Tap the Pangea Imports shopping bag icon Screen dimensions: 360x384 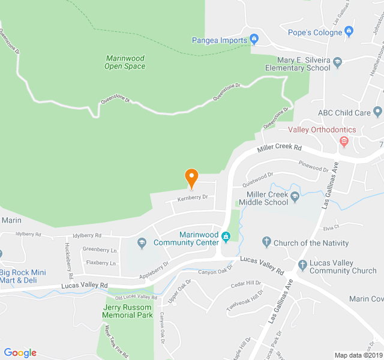coord(254,40)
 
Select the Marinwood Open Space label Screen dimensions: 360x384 coord(125,62)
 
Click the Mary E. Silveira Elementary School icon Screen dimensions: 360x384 coord(337,61)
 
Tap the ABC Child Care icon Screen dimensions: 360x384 coord(377,112)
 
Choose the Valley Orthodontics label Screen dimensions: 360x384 coord(322,130)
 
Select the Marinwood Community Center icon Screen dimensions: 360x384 coord(226,236)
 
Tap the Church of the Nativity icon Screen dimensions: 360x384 coord(267,242)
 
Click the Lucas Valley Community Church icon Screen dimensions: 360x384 coord(303,265)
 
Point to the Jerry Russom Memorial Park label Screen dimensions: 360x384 coord(127,311)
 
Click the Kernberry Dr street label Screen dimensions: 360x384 coord(192,197)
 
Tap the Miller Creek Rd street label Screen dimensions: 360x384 coord(279,149)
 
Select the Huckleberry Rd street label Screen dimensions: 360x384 coord(68,258)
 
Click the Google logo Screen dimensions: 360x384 coord(20,353)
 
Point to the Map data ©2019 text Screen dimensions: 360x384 coord(358,355)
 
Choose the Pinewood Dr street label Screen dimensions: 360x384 coord(313,169)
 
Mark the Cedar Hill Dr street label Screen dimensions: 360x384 coord(246,283)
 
